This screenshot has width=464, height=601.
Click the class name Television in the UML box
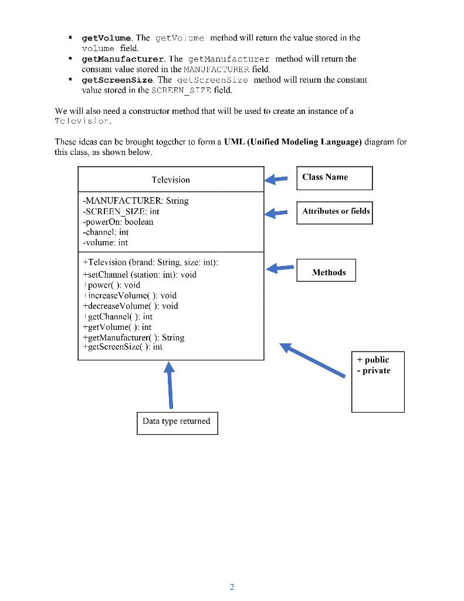171,180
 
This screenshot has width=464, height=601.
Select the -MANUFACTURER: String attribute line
136,201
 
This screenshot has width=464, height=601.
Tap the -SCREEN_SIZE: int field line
121,211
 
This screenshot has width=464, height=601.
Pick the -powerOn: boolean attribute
118,222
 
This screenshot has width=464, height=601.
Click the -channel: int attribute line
106,232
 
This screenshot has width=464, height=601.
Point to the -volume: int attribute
105,242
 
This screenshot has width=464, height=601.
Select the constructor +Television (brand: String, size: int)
150,262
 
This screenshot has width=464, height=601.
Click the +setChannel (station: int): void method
140,274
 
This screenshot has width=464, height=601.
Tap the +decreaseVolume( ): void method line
130,306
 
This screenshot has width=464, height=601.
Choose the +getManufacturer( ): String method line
133,337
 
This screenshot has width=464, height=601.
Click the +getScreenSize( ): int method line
123,347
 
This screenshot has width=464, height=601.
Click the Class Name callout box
334,178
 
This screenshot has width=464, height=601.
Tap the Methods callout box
326,272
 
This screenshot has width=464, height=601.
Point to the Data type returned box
177,421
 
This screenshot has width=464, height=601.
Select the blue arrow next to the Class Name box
276,179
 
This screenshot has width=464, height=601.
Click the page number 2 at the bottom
232,587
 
